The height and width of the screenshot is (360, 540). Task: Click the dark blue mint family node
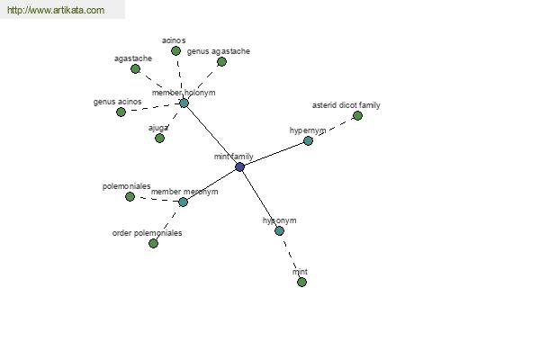(239, 167)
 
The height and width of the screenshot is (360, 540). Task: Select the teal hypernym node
(308, 140)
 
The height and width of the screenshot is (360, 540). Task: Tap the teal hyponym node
(279, 230)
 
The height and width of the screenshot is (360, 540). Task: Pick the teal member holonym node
(184, 103)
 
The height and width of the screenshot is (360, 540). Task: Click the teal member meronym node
(183, 202)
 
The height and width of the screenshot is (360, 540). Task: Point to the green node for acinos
(175, 51)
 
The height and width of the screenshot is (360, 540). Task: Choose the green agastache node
(135, 69)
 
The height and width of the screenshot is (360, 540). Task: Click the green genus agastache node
(221, 62)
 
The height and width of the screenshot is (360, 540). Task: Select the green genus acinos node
(121, 112)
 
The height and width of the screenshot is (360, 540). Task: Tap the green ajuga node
(159, 138)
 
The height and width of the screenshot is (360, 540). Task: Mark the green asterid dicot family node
(357, 116)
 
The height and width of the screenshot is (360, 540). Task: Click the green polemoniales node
(130, 197)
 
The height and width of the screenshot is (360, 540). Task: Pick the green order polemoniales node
(153, 244)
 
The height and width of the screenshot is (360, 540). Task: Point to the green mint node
(301, 282)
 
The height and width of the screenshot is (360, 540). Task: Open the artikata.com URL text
(56, 10)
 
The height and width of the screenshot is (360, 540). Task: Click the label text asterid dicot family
(346, 105)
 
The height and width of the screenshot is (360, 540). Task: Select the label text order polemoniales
(147, 233)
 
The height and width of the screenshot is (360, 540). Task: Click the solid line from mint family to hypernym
(274, 154)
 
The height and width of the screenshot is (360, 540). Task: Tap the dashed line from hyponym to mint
(291, 256)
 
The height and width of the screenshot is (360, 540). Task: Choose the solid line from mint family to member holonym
(211, 135)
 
